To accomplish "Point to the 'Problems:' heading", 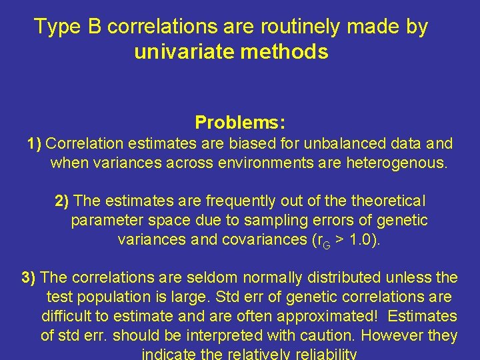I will [240, 123].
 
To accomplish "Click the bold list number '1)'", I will [35, 143].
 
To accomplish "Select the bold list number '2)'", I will [63, 201].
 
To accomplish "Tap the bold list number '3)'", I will [29, 277].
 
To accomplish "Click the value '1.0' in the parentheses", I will [364, 239].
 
